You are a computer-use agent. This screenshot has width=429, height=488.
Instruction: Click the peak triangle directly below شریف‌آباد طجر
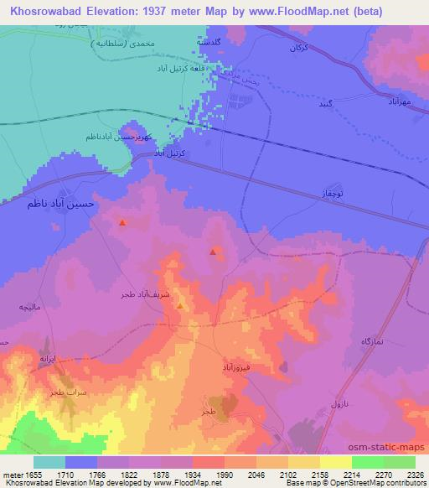tap(181, 307)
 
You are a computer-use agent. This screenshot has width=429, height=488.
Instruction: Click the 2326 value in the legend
tap(405, 474)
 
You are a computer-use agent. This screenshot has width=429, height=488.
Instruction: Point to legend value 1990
tap(225, 474)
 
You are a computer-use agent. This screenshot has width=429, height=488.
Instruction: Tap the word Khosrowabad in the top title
tap(44, 11)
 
